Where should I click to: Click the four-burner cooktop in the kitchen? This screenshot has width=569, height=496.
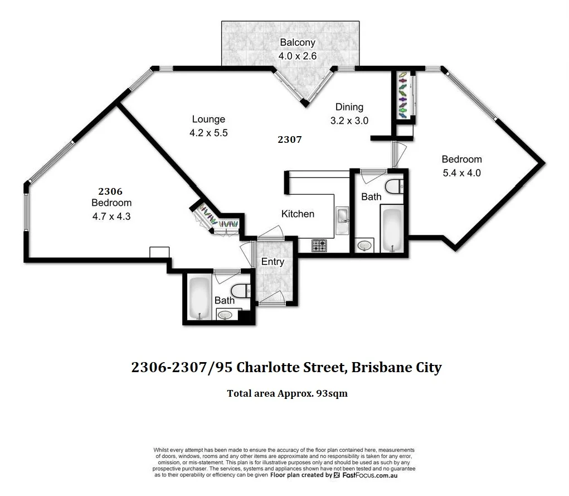click(x=319, y=245)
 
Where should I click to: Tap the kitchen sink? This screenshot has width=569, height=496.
click(x=342, y=215)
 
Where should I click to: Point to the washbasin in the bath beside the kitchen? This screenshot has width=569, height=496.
click(x=364, y=245)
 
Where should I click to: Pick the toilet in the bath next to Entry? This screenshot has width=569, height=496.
click(x=240, y=290)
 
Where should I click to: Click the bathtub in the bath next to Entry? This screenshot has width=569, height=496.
click(x=198, y=297)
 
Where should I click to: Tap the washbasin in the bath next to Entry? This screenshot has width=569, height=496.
click(x=225, y=315)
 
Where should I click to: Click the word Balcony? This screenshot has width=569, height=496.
click(x=297, y=42)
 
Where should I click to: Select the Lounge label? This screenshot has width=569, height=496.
click(x=208, y=119)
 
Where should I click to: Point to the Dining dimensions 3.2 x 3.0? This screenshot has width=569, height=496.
click(x=349, y=121)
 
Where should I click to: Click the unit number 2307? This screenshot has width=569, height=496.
click(x=289, y=139)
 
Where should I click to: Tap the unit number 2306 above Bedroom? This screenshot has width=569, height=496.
click(x=110, y=191)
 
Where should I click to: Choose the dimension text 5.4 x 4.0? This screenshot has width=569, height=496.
click(x=461, y=173)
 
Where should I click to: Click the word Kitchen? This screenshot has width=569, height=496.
click(x=298, y=214)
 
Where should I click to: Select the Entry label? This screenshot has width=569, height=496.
click(x=273, y=262)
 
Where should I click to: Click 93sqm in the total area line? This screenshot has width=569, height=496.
click(x=332, y=393)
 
